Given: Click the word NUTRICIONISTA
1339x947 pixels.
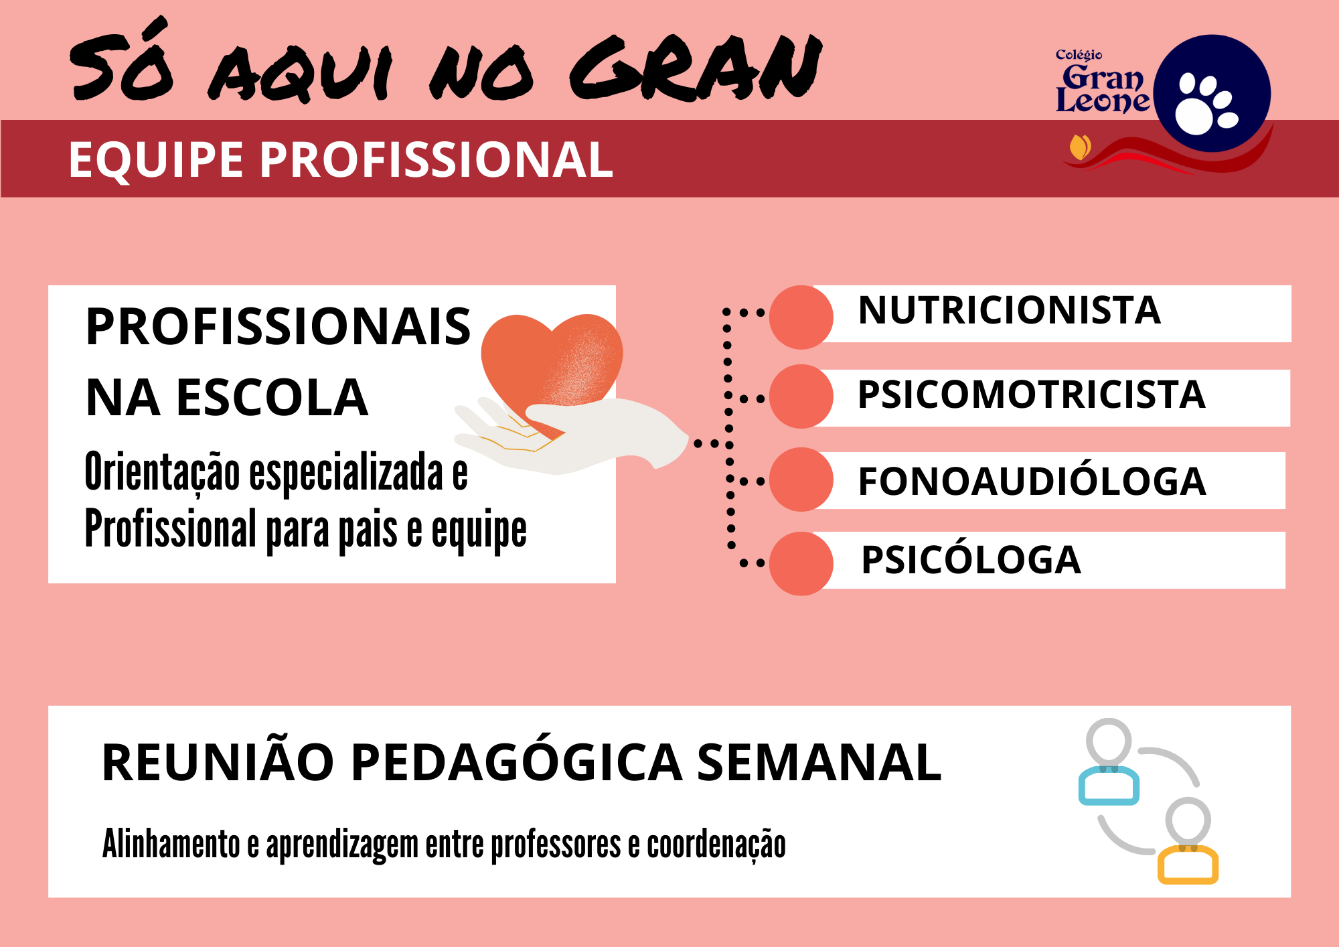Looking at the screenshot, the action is coord(1009,310).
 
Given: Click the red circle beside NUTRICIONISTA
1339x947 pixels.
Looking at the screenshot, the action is coord(801,317).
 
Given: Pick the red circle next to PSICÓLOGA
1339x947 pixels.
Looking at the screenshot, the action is coord(801,563).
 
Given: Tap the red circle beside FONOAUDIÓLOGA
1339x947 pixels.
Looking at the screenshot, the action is coord(801,480).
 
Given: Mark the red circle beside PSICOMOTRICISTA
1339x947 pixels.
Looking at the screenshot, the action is coord(801,396).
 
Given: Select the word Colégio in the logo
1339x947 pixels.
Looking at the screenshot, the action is coord(1079,55).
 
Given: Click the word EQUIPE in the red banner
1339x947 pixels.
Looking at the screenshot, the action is coord(156,160).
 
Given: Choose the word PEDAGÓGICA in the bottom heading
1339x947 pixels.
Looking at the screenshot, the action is coord(516,762).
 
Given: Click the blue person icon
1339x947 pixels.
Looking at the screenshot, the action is coord(1109,763).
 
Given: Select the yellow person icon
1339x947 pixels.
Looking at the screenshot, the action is coord(1188,842).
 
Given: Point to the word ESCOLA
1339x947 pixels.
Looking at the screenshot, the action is coord(272,397).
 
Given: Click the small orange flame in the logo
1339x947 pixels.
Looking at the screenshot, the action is coord(1080,147).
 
